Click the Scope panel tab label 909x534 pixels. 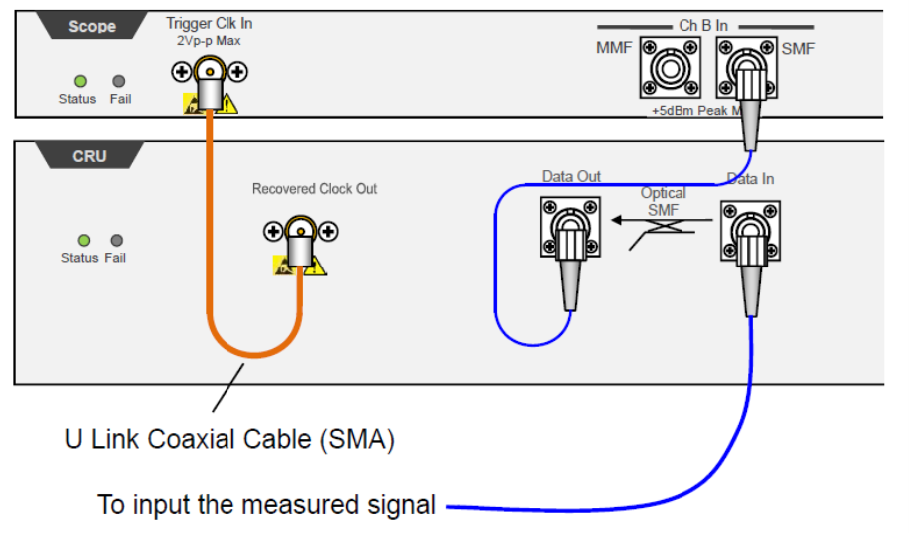pos(92,27)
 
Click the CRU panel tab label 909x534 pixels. pos(89,157)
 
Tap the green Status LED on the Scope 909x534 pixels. pos(80,81)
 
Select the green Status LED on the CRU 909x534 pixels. pos(83,240)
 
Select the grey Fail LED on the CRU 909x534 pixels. pos(117,240)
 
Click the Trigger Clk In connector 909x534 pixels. pos(210,72)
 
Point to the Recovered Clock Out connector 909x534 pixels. pos(300,232)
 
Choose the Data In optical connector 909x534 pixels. pos(749,229)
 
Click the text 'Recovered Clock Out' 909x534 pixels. pos(314,189)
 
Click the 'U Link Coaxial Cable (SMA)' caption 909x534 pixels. pos(229,439)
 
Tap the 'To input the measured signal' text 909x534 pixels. pos(266,504)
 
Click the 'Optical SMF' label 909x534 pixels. pos(664,201)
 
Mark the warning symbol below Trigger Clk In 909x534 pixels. pos(230,103)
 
